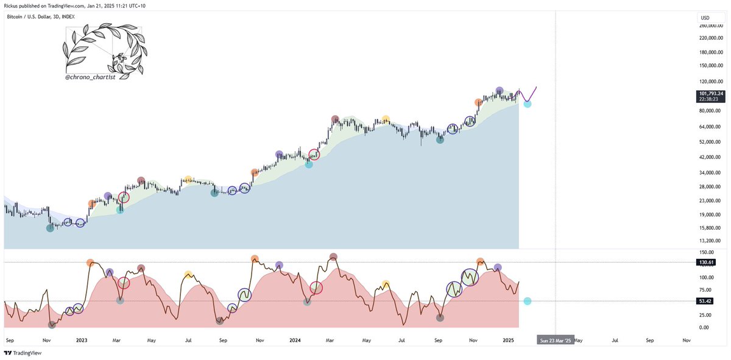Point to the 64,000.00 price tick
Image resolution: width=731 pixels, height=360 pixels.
pyautogui.click(x=710, y=127)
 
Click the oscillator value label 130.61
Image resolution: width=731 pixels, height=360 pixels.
pyautogui.click(x=707, y=262)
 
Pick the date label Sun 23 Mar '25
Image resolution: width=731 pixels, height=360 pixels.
pyautogui.click(x=556, y=341)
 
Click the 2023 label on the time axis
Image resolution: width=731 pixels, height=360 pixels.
pyautogui.click(x=81, y=341)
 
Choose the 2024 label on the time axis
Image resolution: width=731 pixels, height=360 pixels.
pyautogui.click(x=295, y=341)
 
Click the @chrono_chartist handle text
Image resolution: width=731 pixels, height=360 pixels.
pyautogui.click(x=91, y=78)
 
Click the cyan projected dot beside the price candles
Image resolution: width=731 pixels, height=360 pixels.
pyautogui.click(x=528, y=104)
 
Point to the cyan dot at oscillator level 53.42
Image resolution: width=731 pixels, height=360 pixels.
pyautogui.click(x=528, y=301)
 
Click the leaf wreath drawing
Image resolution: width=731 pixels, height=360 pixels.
pyautogui.click(x=104, y=49)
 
